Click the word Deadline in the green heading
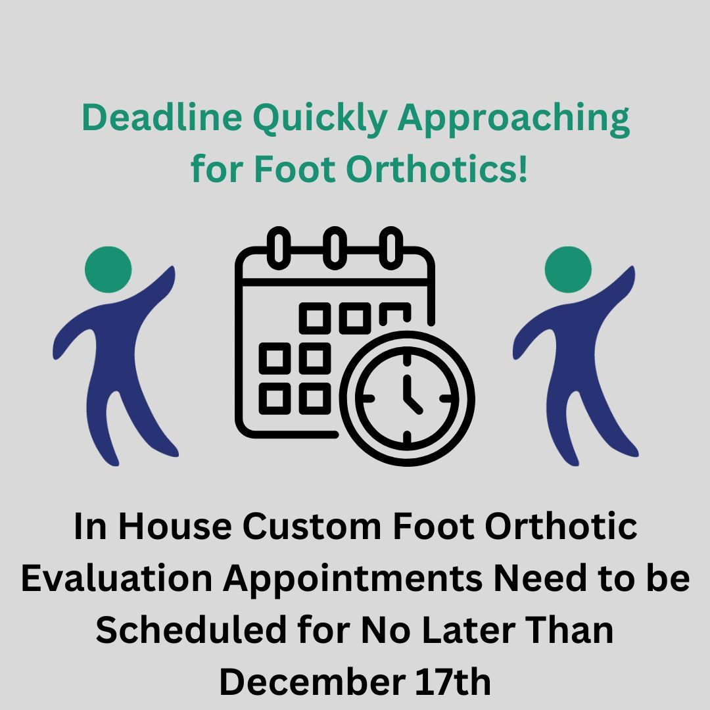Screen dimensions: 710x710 pyautogui.click(x=160, y=119)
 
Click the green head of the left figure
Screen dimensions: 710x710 pyautogui.click(x=108, y=270)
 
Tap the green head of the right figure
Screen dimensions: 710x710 pyautogui.click(x=568, y=270)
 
